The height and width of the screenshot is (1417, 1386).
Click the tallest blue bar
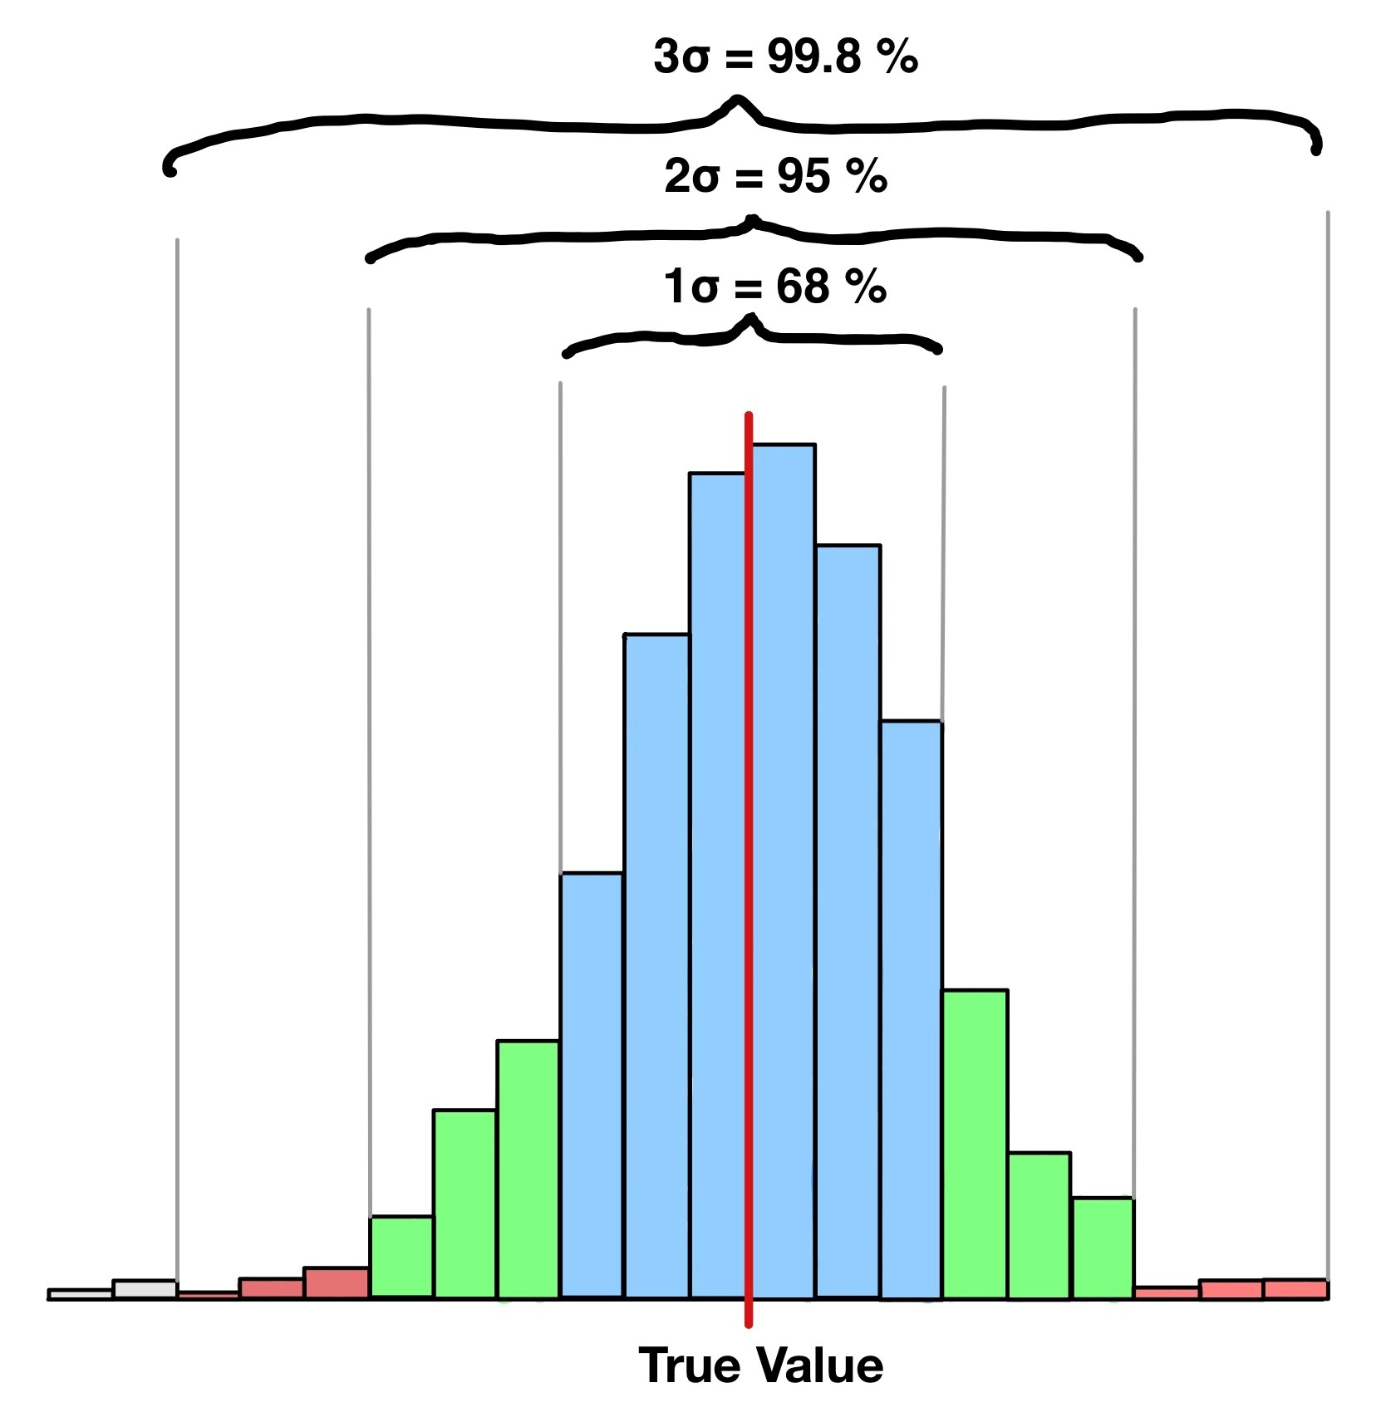[784, 872]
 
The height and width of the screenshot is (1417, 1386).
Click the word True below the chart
[689, 1366]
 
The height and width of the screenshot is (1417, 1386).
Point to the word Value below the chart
[822, 1366]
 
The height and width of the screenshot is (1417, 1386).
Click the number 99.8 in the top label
[813, 57]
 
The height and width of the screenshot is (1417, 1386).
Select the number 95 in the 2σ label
[804, 177]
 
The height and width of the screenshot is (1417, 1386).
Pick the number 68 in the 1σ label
[803, 287]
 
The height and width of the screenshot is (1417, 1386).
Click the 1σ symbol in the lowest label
[691, 287]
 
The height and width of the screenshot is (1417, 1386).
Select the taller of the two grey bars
[145, 1289]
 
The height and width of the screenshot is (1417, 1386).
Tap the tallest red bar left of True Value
[337, 1282]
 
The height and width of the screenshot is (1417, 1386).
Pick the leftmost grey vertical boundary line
[177, 748]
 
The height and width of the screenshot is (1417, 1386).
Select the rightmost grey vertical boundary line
[1328, 748]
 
